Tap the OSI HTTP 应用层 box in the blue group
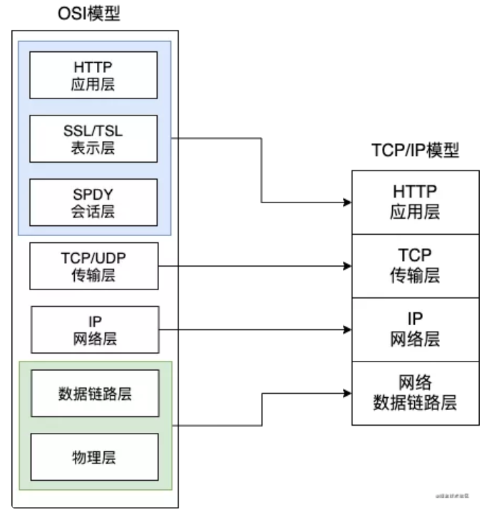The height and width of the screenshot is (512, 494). (94, 75)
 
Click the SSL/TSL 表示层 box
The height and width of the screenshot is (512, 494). (94, 138)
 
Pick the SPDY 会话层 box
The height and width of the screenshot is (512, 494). (94, 202)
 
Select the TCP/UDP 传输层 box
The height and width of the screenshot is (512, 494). (94, 266)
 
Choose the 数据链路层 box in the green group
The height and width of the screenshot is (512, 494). (94, 393)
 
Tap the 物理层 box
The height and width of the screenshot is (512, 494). (94, 456)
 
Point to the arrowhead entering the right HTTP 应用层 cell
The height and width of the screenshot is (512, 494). (347, 203)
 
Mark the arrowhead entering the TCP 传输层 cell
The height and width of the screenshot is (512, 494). (347, 266)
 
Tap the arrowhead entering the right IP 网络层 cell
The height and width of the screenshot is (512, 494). (347, 329)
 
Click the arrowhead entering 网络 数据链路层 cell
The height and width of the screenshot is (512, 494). (347, 393)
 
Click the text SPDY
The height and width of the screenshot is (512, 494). (94, 195)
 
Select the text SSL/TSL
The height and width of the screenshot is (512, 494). (94, 130)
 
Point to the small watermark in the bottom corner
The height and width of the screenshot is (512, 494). (451, 493)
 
